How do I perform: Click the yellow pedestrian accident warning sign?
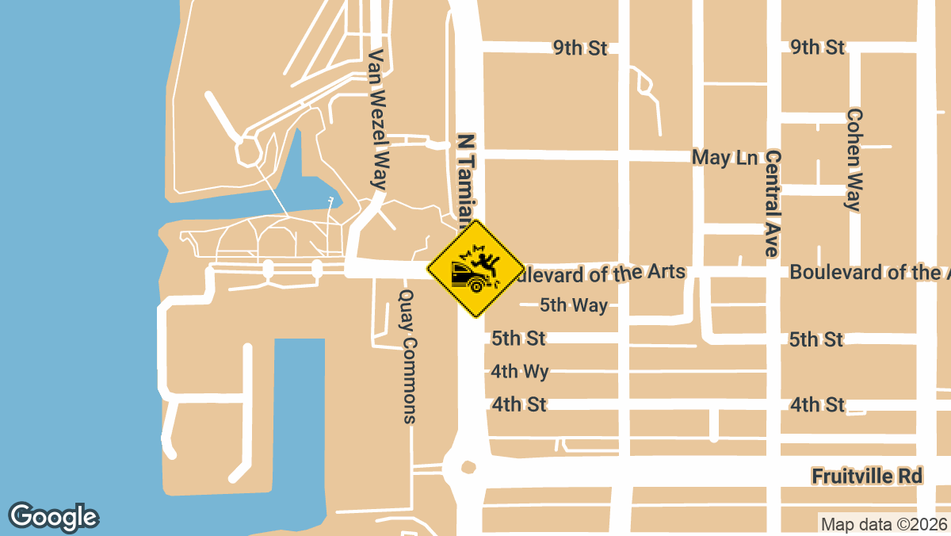[x=475, y=269]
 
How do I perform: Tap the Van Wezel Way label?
[x=378, y=119]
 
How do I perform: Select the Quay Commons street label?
[x=407, y=355]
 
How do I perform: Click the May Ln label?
[x=724, y=157]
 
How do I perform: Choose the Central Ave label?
[x=773, y=202]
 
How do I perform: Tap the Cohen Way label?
[x=854, y=159]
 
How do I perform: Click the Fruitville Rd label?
[x=867, y=476]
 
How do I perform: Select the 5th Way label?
[x=573, y=305]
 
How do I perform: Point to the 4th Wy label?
[x=519, y=371]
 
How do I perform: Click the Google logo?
[x=53, y=517]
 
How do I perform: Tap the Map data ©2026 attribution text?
[x=883, y=524]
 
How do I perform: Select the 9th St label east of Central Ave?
[x=817, y=48]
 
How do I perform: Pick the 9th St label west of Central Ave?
[x=580, y=48]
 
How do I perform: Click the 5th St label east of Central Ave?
[x=815, y=339]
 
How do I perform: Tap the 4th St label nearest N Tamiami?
[x=519, y=404]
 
